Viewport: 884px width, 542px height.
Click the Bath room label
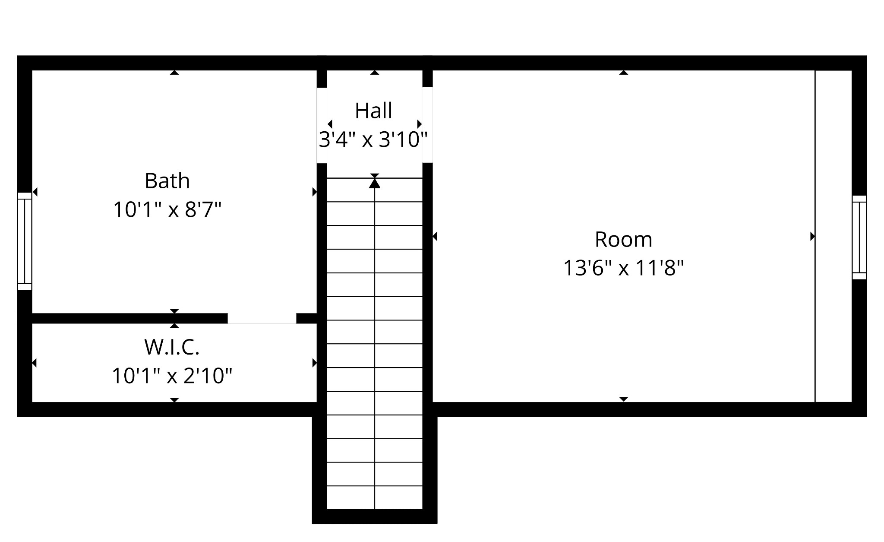pyautogui.click(x=167, y=181)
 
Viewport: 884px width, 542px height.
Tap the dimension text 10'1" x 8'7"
pyautogui.click(x=167, y=210)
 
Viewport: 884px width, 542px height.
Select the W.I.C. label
pyautogui.click(x=172, y=347)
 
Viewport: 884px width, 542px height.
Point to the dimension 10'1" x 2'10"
pyautogui.click(x=172, y=376)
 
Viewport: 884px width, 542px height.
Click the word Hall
pyautogui.click(x=373, y=111)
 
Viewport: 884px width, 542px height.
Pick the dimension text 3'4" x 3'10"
pyautogui.click(x=373, y=139)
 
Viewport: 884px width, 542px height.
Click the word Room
pyautogui.click(x=623, y=239)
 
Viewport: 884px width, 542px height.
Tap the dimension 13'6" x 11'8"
pyautogui.click(x=623, y=268)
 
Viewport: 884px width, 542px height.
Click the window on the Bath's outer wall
pyautogui.click(x=25, y=241)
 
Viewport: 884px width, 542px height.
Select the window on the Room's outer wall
pyautogui.click(x=859, y=237)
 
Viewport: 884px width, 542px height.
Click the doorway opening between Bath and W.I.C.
pyautogui.click(x=262, y=318)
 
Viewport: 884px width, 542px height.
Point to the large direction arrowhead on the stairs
pyautogui.click(x=375, y=183)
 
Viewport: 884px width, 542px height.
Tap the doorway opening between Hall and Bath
pyautogui.click(x=322, y=125)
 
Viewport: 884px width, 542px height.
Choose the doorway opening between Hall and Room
pyautogui.click(x=427, y=125)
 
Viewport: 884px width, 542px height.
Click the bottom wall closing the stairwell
pyautogui.click(x=375, y=517)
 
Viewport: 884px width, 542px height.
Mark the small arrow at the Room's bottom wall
pyautogui.click(x=623, y=399)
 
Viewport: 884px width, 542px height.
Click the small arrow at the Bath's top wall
pyautogui.click(x=174, y=73)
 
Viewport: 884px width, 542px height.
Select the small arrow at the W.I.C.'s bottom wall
pyautogui.click(x=174, y=400)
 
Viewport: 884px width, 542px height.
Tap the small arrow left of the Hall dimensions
pyautogui.click(x=330, y=124)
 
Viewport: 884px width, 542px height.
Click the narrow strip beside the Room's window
pyautogui.click(x=833, y=236)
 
